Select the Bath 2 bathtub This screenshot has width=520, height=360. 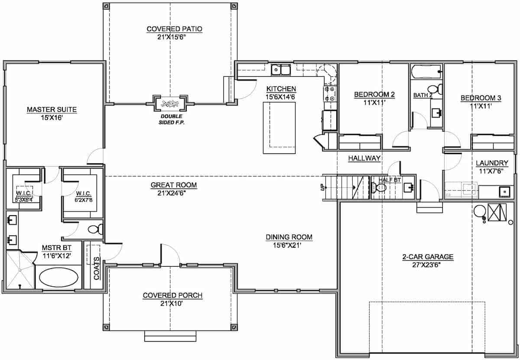[x=426, y=71]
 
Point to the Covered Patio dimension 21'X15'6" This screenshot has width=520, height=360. [x=174, y=37]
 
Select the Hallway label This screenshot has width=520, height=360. [x=364, y=159]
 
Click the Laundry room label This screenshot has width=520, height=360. [x=492, y=163]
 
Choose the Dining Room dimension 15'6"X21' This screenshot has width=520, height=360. [x=289, y=245]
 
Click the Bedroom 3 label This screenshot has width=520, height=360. [x=481, y=98]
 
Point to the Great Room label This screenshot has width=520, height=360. [x=174, y=185]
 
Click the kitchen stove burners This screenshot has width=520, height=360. [x=330, y=93]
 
